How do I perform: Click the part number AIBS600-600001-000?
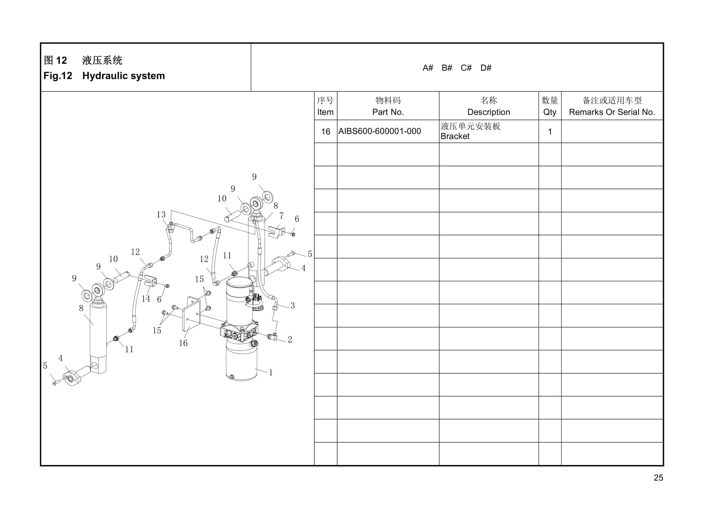(x=379, y=131)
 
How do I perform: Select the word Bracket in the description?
(x=455, y=136)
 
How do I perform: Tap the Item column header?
(x=325, y=112)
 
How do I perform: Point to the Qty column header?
(x=549, y=112)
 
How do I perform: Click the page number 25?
(x=658, y=477)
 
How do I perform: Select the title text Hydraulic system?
(x=123, y=76)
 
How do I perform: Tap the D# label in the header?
(x=485, y=68)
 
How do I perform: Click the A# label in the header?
(x=427, y=68)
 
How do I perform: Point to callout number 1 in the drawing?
(x=271, y=373)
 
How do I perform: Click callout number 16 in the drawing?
(x=183, y=343)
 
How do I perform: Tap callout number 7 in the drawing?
(x=281, y=216)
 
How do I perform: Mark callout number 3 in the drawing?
(x=292, y=306)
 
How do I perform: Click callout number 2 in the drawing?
(x=290, y=339)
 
